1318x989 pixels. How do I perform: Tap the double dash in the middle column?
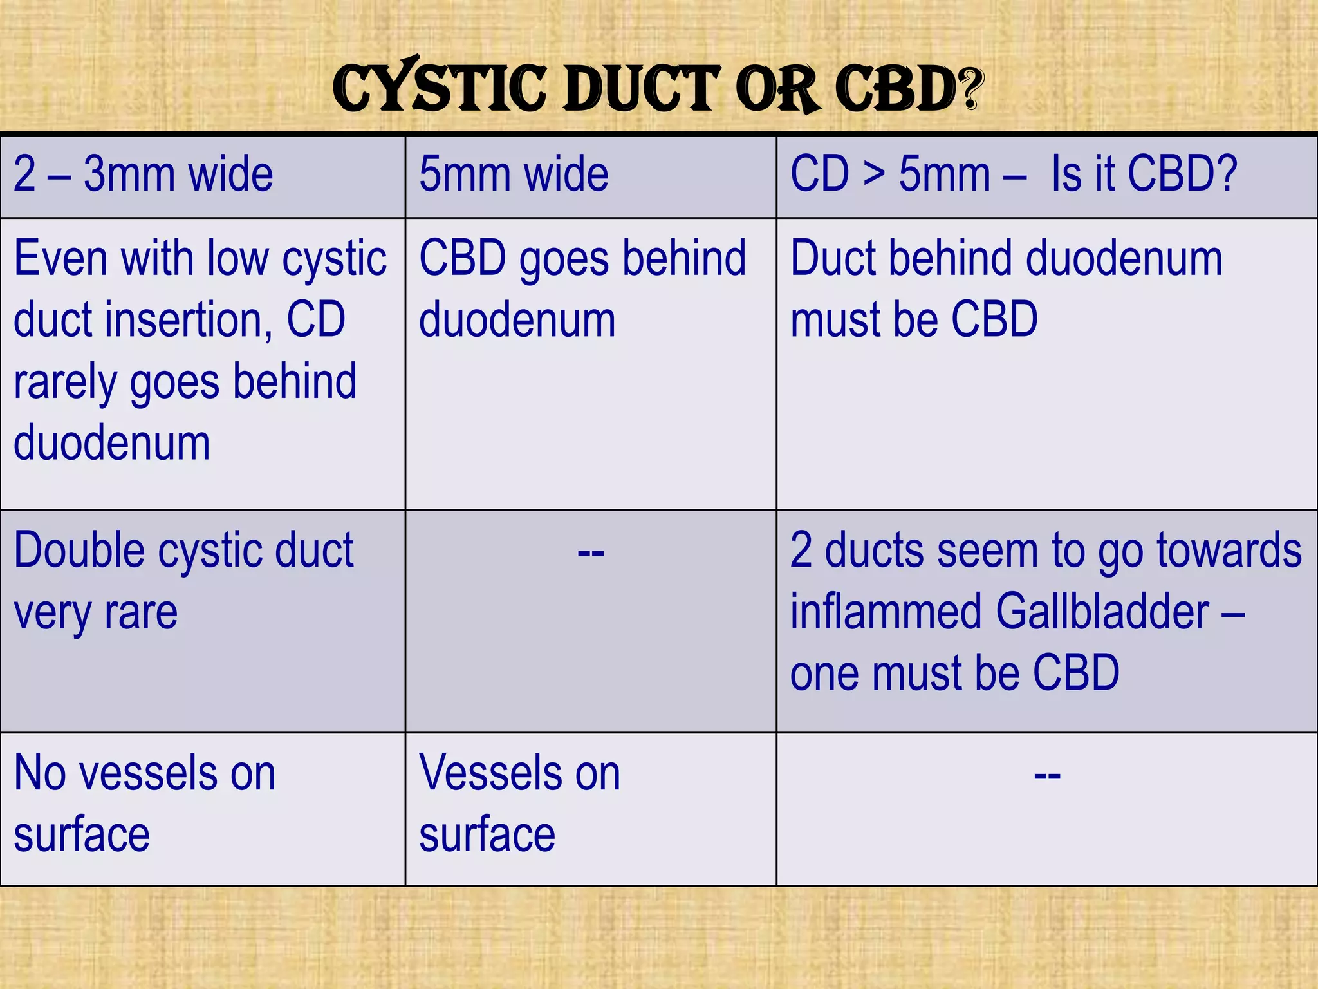pos(591,552)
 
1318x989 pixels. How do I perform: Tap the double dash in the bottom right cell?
pos(1047,775)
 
